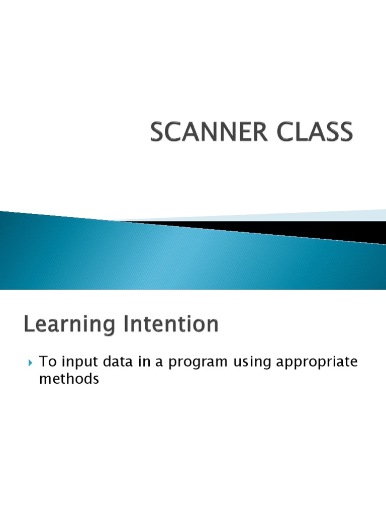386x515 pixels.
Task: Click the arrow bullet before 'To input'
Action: click(30, 363)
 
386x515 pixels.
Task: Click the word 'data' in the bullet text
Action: click(113, 362)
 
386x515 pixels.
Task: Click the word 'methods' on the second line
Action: click(69, 379)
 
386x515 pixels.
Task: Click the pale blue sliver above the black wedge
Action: click(302, 215)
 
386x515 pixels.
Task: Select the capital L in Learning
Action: click(29, 324)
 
